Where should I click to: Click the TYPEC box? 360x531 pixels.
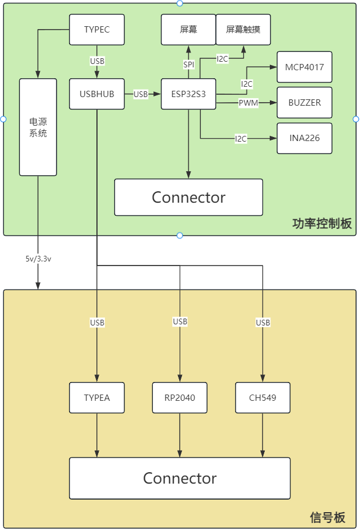click(96, 30)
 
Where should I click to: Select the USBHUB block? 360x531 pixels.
click(96, 94)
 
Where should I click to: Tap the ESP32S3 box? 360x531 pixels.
click(188, 94)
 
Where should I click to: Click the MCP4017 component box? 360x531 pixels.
click(304, 67)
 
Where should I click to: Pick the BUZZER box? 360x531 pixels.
click(304, 103)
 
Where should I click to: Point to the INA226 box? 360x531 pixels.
click(304, 138)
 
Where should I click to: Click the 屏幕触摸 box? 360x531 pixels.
click(243, 30)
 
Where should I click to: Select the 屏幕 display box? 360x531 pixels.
click(188, 30)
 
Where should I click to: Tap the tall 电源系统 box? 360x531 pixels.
click(38, 127)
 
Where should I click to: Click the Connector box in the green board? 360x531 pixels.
click(188, 197)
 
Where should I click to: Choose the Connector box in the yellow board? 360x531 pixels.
click(180, 478)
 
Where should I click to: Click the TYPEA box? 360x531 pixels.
click(96, 397)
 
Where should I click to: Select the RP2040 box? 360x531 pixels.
click(180, 397)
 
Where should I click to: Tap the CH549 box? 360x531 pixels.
click(262, 397)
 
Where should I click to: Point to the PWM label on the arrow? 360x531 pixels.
click(249, 103)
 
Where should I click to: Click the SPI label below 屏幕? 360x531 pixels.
click(188, 65)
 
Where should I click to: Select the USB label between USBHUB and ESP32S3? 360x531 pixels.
click(140, 94)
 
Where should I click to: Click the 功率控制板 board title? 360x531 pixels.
click(322, 224)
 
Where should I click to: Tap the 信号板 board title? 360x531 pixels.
click(327, 518)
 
